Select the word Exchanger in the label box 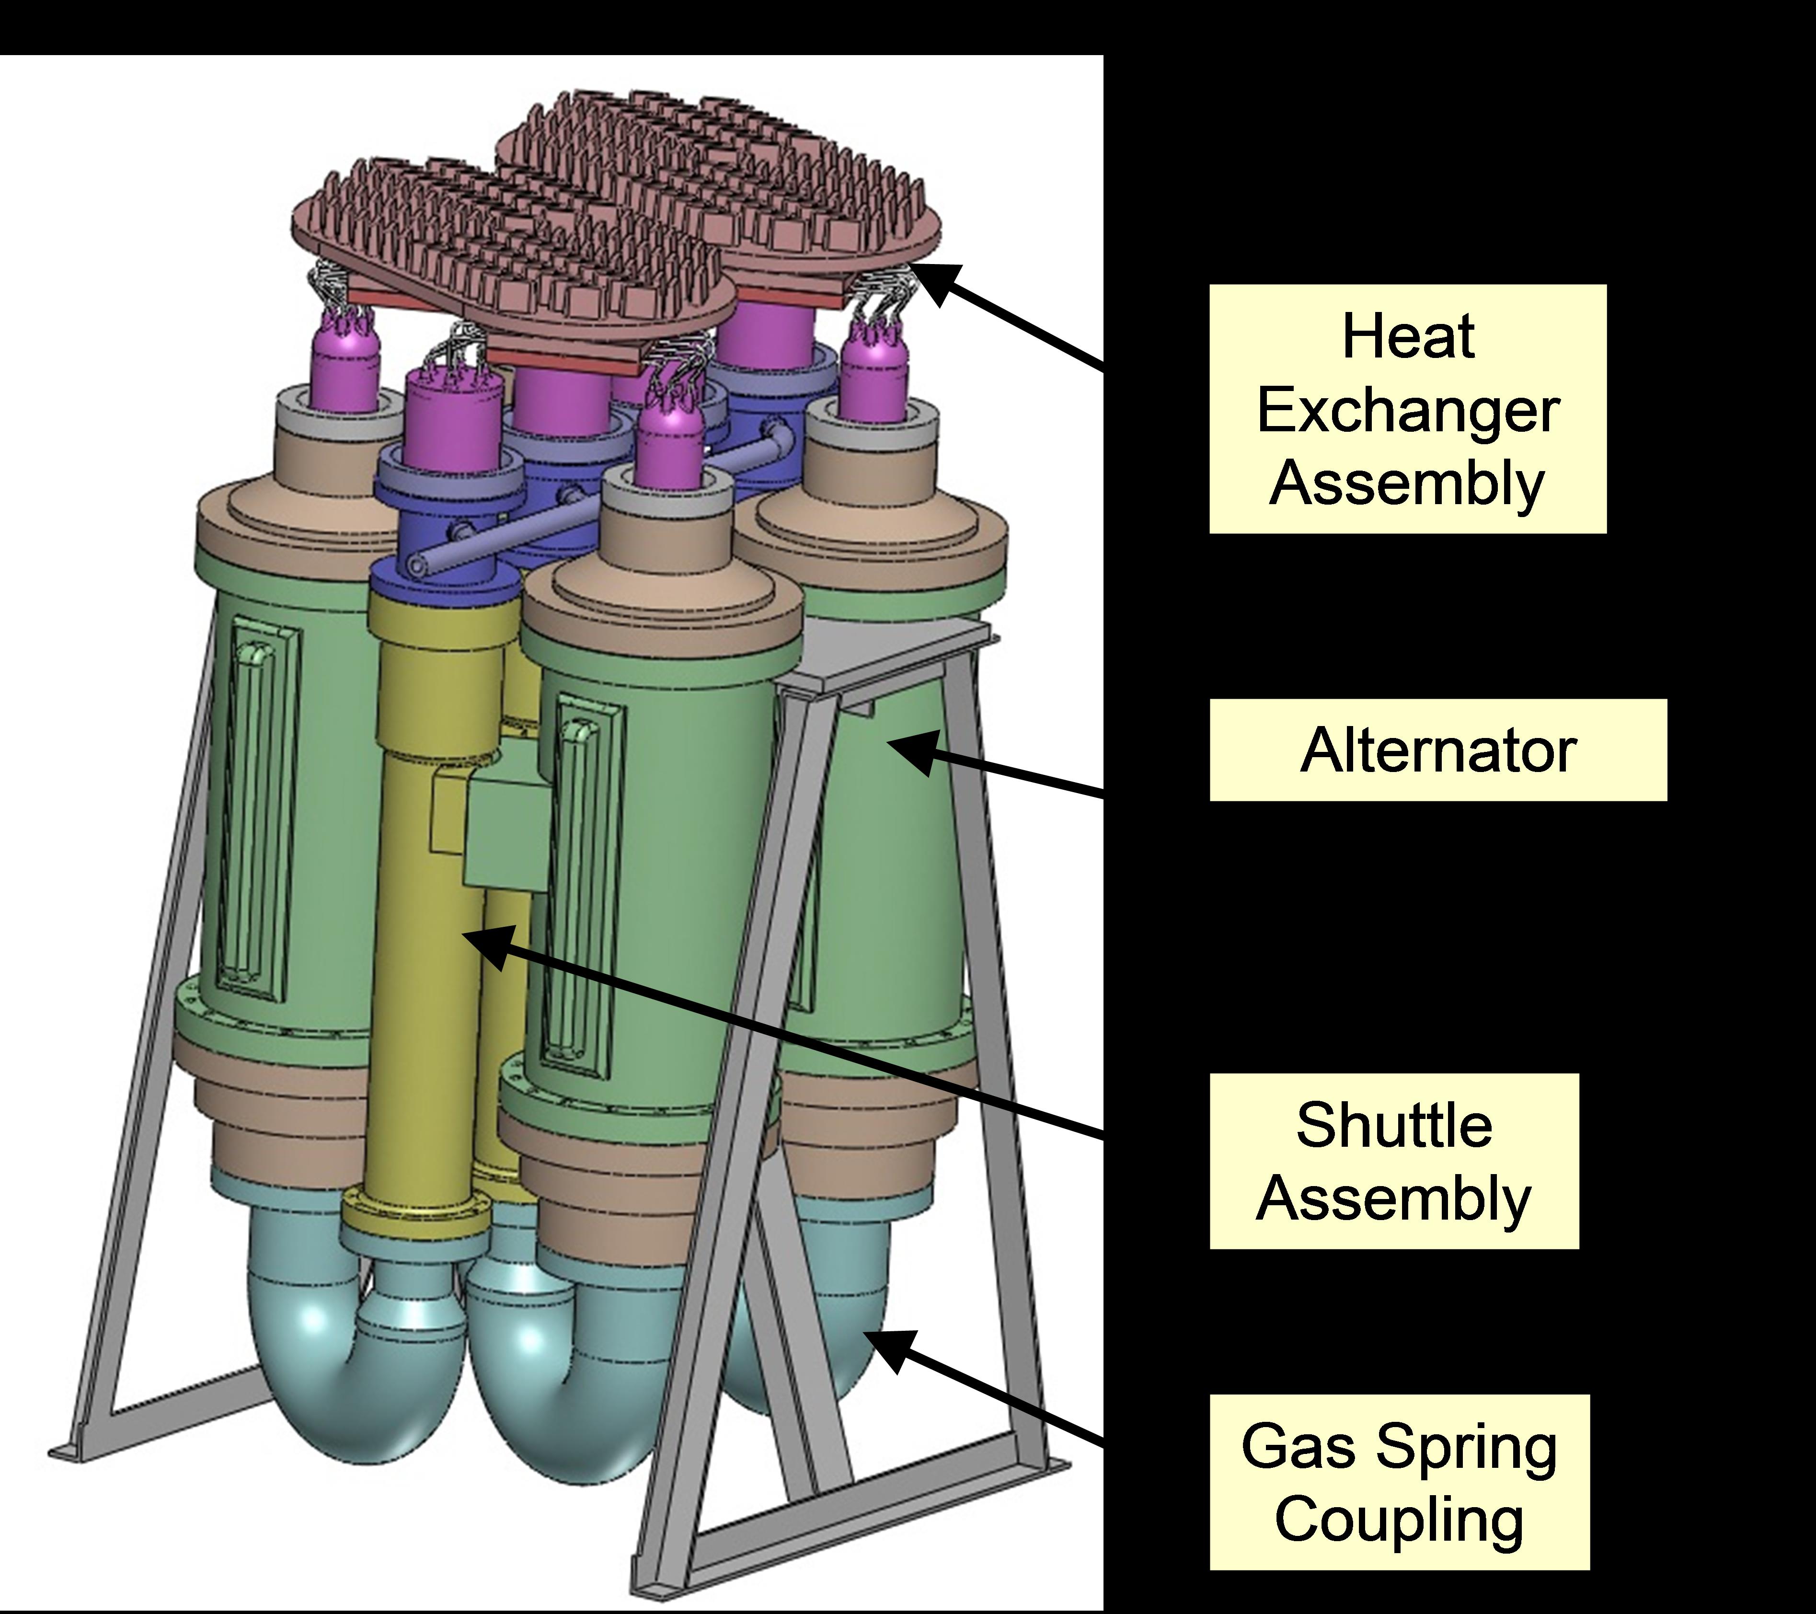tap(1408, 411)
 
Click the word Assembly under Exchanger tap(1408, 484)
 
